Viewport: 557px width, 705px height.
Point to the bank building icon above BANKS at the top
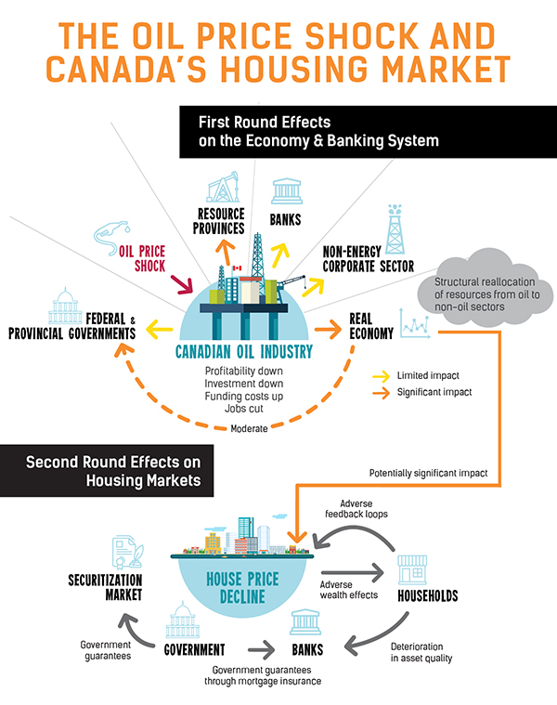click(285, 192)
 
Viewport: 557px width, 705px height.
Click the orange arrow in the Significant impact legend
click(382, 392)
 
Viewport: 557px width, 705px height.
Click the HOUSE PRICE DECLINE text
click(244, 589)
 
